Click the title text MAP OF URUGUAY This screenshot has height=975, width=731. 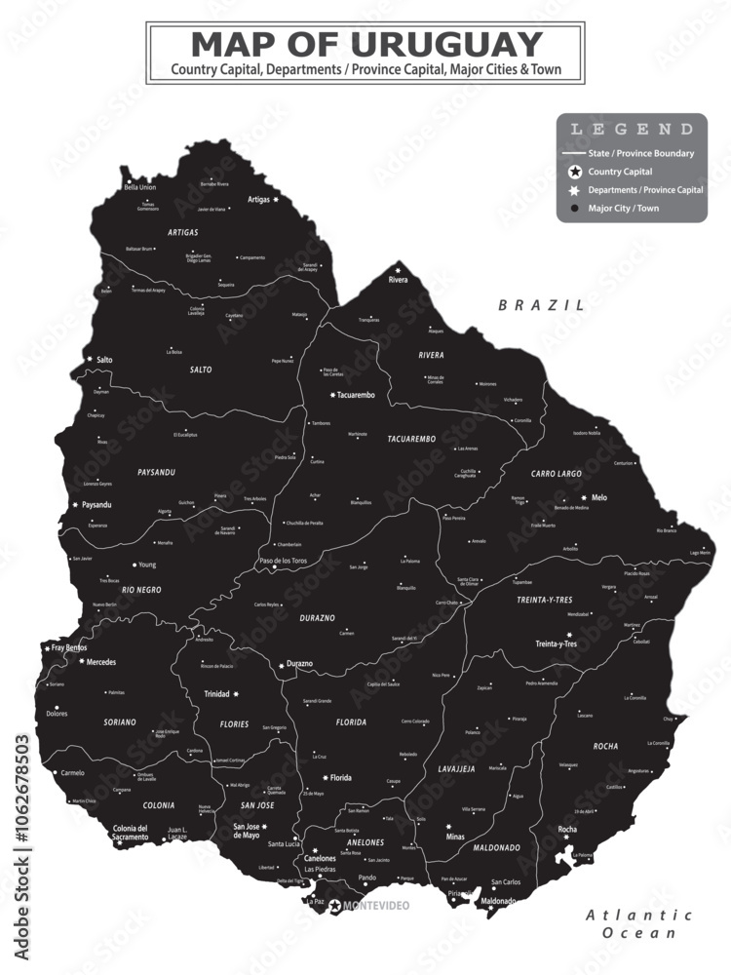(365, 44)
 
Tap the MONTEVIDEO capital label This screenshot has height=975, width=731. (376, 906)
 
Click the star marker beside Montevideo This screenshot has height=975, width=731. (335, 906)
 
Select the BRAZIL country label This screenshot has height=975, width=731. (542, 305)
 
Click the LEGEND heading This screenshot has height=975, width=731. (632, 129)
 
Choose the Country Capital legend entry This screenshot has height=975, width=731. (620, 172)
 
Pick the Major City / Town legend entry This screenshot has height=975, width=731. (623, 208)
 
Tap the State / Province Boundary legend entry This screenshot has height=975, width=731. (640, 153)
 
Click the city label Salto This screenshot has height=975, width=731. (104, 360)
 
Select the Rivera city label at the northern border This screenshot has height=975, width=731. (398, 280)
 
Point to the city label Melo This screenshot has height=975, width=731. (598, 497)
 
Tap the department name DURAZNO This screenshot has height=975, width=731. (315, 618)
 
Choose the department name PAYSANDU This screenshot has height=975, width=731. (156, 472)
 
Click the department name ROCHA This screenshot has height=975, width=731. (605, 746)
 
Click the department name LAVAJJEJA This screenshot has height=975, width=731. (456, 768)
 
